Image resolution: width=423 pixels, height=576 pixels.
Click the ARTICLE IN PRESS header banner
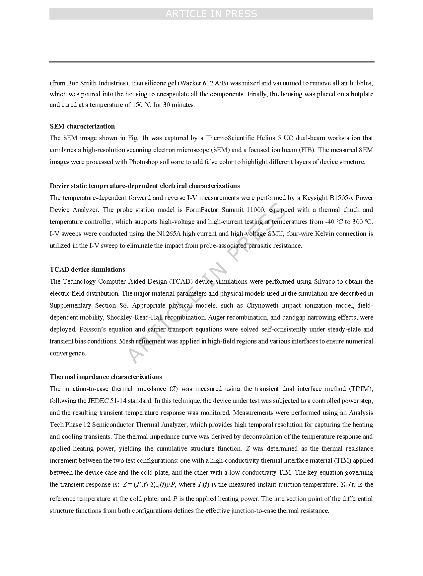pos(211,14)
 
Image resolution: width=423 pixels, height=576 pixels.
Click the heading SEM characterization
pos(82,126)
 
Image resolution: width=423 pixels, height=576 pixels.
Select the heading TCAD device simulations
pos(87,269)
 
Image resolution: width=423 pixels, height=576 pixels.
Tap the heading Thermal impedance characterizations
pos(106,377)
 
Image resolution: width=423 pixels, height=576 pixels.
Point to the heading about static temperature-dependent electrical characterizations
pos(145,186)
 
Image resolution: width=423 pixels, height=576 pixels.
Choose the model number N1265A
pos(169,234)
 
